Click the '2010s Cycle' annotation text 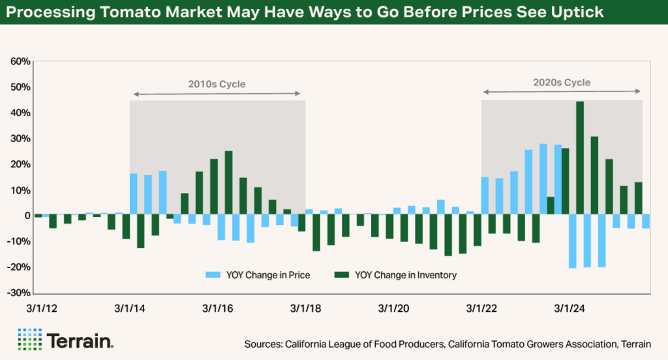pyautogui.click(x=217, y=83)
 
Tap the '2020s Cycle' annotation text pyautogui.click(x=562, y=83)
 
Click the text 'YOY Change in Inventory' pyautogui.click(x=406, y=275)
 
